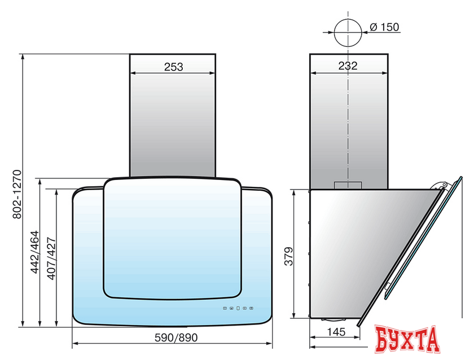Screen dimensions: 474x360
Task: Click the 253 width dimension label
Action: point(174,67)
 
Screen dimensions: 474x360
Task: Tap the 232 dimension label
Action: point(348,65)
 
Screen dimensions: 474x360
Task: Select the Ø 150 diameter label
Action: point(384,27)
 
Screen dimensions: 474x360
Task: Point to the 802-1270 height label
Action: point(17,194)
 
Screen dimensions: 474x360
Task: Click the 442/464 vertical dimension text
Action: point(35,252)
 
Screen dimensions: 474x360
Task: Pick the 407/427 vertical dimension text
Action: point(51,258)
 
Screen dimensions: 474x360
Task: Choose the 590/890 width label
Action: point(176,337)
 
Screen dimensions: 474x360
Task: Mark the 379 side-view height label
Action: point(289,256)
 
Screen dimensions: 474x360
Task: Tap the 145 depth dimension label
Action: point(336,332)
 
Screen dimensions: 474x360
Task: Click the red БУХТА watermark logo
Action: point(407,339)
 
